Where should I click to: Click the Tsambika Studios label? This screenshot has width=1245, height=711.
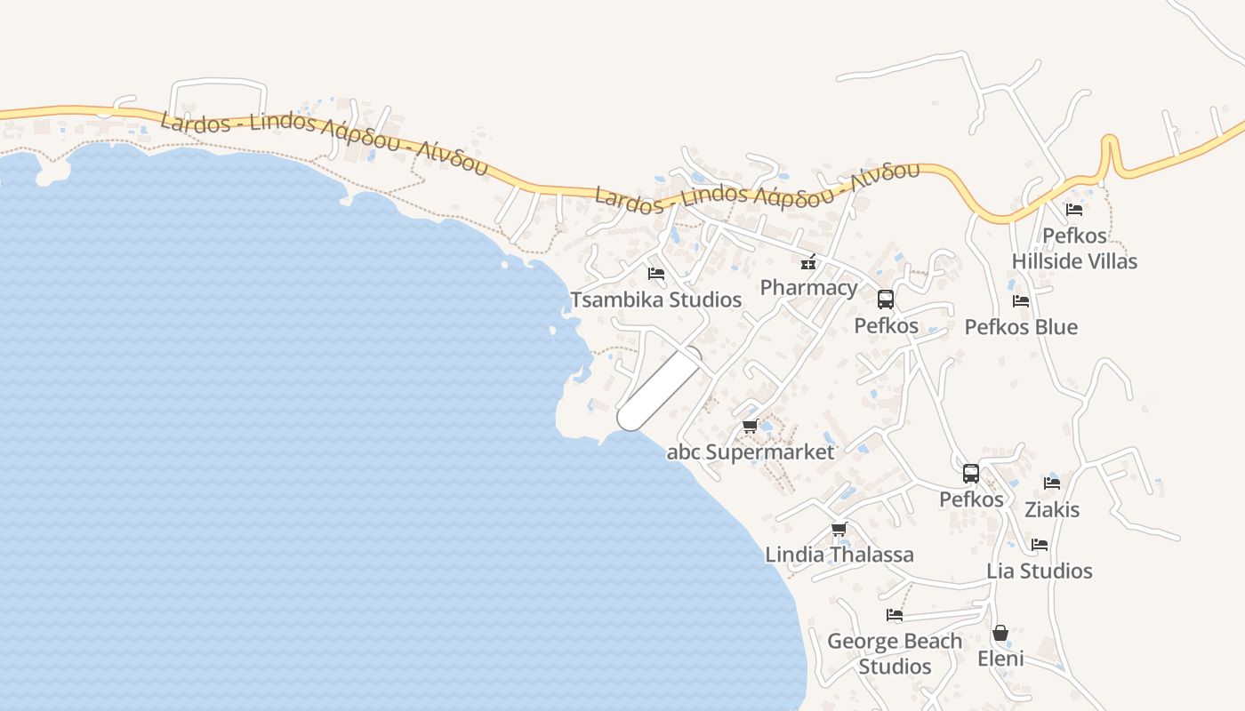[655, 300]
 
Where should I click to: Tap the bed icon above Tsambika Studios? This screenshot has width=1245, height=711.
[656, 274]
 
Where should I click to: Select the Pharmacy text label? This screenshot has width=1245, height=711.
[808, 287]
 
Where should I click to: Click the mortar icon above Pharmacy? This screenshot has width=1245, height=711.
[808, 261]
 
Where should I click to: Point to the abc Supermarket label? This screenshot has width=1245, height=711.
[751, 451]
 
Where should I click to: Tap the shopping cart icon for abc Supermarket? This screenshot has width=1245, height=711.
[750, 427]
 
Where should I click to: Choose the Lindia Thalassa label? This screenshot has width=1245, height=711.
[839, 555]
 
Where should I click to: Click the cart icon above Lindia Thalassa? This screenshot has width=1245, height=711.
[839, 530]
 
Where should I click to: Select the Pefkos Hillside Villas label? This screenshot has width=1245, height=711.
[1074, 249]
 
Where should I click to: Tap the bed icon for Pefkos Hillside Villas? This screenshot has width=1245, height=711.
[1074, 210]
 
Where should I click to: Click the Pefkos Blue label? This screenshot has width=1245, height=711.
[1021, 327]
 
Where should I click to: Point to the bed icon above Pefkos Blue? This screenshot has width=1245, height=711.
[1021, 301]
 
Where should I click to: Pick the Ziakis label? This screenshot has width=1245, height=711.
[1052, 509]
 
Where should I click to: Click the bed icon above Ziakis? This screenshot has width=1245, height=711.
[1052, 483]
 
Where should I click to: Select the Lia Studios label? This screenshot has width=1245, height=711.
[1040, 571]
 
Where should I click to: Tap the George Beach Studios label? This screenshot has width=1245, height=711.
[895, 653]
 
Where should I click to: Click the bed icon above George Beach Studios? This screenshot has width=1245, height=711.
[895, 615]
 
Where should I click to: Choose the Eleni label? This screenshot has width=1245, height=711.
[1000, 659]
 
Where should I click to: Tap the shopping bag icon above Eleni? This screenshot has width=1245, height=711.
[1000, 633]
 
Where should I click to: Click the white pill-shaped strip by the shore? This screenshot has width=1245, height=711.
[660, 388]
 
